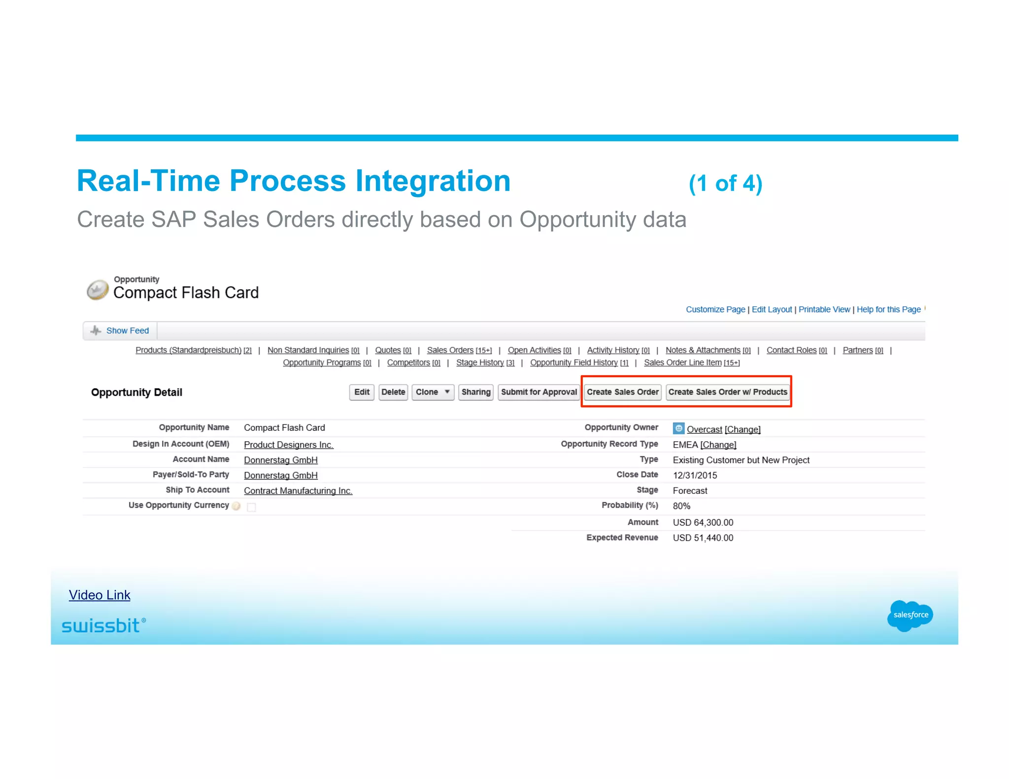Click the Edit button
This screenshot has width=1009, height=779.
pyautogui.click(x=362, y=392)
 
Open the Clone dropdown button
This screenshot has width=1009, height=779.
pyautogui.click(x=433, y=392)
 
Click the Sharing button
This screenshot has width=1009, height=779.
pyautogui.click(x=475, y=392)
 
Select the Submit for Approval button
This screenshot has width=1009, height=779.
pyautogui.click(x=538, y=392)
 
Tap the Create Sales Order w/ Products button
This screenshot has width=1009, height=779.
pyautogui.click(x=727, y=392)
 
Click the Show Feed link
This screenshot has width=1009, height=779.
pyautogui.click(x=127, y=330)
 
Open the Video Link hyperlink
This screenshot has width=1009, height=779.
pyautogui.click(x=100, y=595)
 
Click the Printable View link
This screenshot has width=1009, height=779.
pyautogui.click(x=824, y=309)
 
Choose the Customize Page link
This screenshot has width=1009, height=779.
pyautogui.click(x=715, y=309)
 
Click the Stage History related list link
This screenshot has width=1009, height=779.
pyautogui.click(x=480, y=362)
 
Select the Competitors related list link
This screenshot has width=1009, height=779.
pyautogui.click(x=408, y=362)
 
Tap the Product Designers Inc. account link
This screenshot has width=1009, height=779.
pyautogui.click(x=288, y=445)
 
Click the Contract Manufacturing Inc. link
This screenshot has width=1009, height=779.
pyautogui.click(x=298, y=490)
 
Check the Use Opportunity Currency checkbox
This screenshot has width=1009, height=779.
pyautogui.click(x=251, y=507)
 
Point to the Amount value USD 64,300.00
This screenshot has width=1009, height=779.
pyautogui.click(x=703, y=522)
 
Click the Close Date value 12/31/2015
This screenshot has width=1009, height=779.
pyautogui.click(x=695, y=475)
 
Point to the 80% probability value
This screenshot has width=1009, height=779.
pyautogui.click(x=681, y=506)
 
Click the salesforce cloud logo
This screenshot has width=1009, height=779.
pyautogui.click(x=909, y=615)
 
